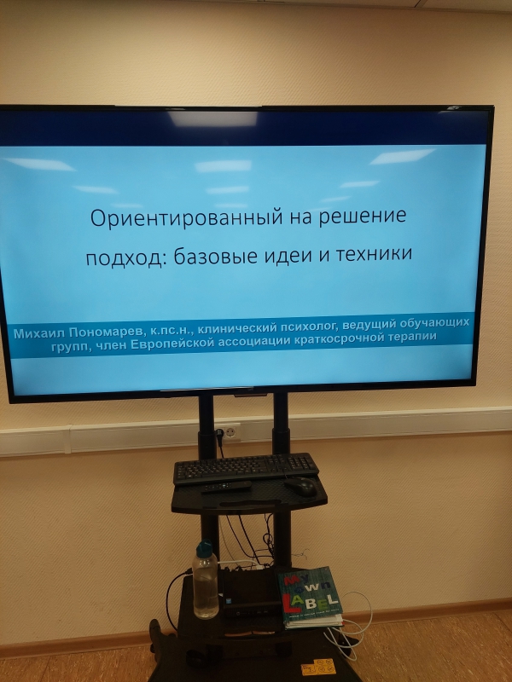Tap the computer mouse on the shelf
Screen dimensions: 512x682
click(300, 485)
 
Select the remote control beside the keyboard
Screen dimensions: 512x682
click(226, 487)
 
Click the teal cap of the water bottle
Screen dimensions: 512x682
click(204, 549)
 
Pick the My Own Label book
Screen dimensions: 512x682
click(311, 597)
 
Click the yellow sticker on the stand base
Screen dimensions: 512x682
click(318, 667)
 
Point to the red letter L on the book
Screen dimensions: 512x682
click(288, 603)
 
